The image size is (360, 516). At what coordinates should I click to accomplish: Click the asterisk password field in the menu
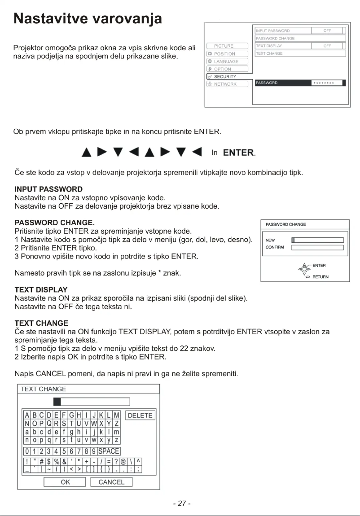326,83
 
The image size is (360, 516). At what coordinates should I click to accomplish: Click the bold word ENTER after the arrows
238,153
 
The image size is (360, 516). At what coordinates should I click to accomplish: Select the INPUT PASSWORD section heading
48,189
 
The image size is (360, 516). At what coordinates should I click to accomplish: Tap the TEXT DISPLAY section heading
41,290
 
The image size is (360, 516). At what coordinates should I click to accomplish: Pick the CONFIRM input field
317,247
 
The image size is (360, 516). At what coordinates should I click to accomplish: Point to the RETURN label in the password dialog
321,277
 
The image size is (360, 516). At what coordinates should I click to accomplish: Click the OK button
65,482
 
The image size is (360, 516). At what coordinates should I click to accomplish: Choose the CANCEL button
111,482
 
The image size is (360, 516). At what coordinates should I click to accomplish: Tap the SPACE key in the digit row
110,451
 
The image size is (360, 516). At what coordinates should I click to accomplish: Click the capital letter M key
117,415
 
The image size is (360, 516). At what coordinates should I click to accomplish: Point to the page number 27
182,503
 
